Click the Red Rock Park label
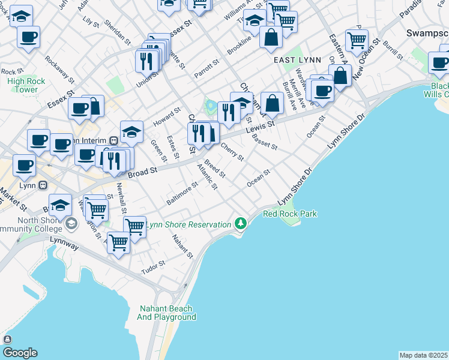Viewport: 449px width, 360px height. [290, 214]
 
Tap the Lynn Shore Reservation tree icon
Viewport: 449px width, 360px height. [241, 223]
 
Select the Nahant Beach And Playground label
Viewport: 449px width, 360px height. [167, 313]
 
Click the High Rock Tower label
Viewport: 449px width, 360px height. [23, 85]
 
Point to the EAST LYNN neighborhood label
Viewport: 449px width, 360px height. [297, 60]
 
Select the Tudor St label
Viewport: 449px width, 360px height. [153, 266]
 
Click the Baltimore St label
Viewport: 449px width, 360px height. [182, 194]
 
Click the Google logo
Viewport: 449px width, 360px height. [20, 352]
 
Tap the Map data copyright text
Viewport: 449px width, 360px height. [423, 355]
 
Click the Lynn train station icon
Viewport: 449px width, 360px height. [43, 185]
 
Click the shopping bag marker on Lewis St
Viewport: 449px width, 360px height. [273, 103]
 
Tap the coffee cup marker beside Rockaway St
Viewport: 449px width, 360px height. [28, 37]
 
